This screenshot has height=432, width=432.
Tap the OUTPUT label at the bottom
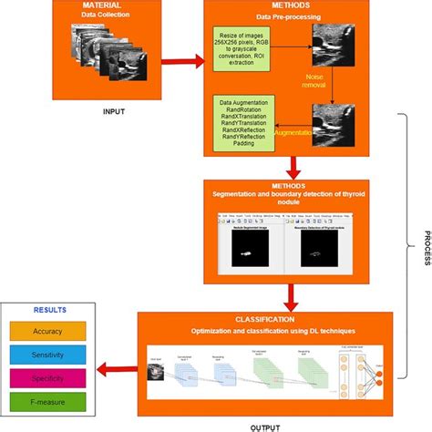(x=263, y=424)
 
